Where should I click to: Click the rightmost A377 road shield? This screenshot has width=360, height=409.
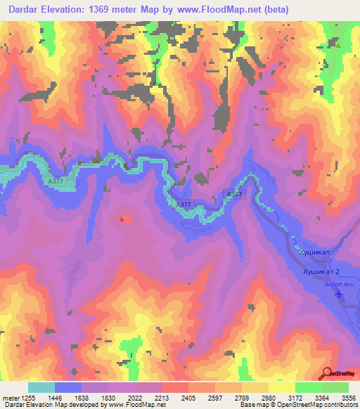point(235,193)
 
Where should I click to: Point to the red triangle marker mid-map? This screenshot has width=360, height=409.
point(122,219)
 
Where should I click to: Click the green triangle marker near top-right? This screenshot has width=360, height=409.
point(338,46)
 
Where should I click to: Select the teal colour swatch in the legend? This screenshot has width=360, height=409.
point(41,387)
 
